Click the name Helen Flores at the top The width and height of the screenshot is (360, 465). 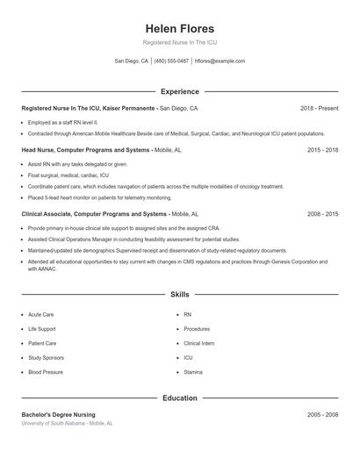pos(179,28)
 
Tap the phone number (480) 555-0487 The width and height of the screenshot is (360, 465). pos(171,61)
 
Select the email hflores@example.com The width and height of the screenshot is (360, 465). pos(220,61)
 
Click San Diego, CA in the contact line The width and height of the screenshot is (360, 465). pos(132,61)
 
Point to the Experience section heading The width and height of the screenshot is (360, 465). pos(179,91)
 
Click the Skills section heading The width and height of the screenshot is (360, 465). pos(179,295)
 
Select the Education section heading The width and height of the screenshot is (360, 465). pos(179,398)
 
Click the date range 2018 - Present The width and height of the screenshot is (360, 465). pos(319,108)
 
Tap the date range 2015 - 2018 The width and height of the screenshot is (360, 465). pos(322,150)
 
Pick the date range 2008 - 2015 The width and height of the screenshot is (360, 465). pos(322,213)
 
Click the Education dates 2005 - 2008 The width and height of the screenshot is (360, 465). pos(322,414)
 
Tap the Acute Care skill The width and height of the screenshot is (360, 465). pos(40,314)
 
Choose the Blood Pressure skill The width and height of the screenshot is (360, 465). pos(46,372)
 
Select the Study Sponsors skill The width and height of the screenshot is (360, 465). pos(46,358)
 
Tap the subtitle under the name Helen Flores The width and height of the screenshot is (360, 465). pos(179,43)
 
